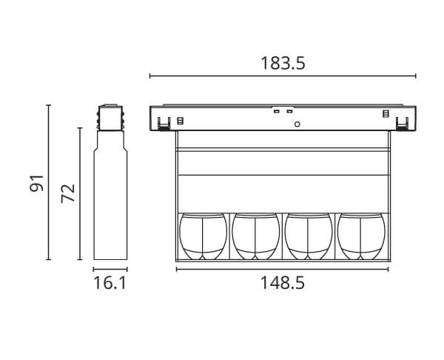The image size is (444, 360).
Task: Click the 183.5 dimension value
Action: click(283, 63)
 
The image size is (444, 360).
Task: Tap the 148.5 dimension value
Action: click(283, 283)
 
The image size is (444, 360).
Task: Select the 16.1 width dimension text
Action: click(110, 283)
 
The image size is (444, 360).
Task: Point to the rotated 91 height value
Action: click(37, 184)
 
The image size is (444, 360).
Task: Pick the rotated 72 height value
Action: click(68, 193)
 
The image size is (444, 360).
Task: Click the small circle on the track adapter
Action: click(297, 124)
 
